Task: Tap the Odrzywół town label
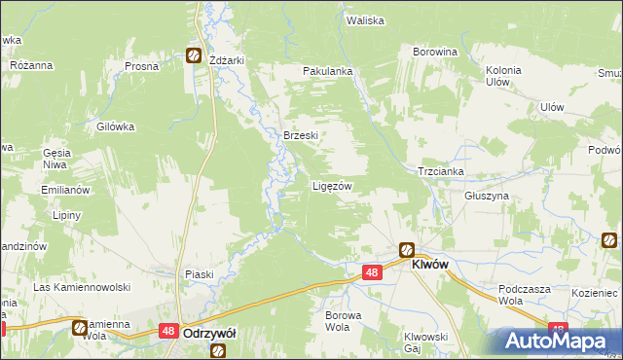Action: click(211, 332)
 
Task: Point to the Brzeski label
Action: click(301, 136)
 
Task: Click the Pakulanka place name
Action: click(327, 71)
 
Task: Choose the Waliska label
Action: click(365, 19)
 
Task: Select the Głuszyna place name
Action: click(459, 196)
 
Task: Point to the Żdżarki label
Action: click(227, 59)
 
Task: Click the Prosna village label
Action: click(141, 66)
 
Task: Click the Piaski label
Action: click(200, 274)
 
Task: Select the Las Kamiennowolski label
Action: click(82, 287)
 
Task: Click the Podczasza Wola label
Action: click(524, 295)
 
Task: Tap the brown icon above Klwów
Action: click(406, 249)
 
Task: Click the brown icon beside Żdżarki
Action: click(194, 56)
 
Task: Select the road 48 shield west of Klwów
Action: click(371, 273)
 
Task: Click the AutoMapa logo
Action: click(561, 341)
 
